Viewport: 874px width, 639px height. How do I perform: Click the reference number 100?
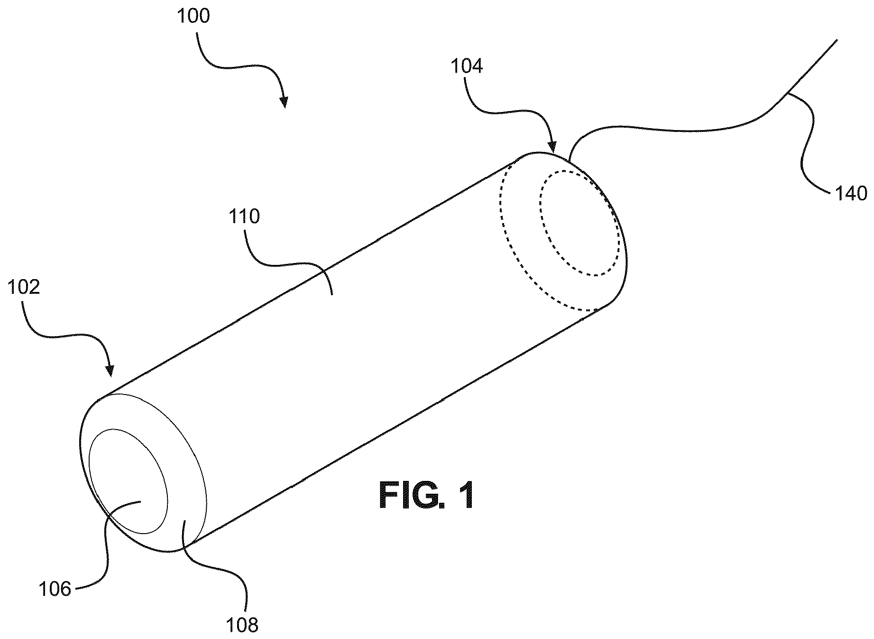coord(193,17)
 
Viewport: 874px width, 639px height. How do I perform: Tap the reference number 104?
coord(467,66)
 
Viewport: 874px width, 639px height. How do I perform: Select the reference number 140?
coord(851,193)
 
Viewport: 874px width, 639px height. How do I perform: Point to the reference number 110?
coord(244,216)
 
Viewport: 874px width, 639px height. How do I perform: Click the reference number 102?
coord(23,287)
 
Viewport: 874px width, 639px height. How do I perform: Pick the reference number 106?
coord(54,590)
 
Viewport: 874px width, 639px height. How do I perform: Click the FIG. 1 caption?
coord(426,496)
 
